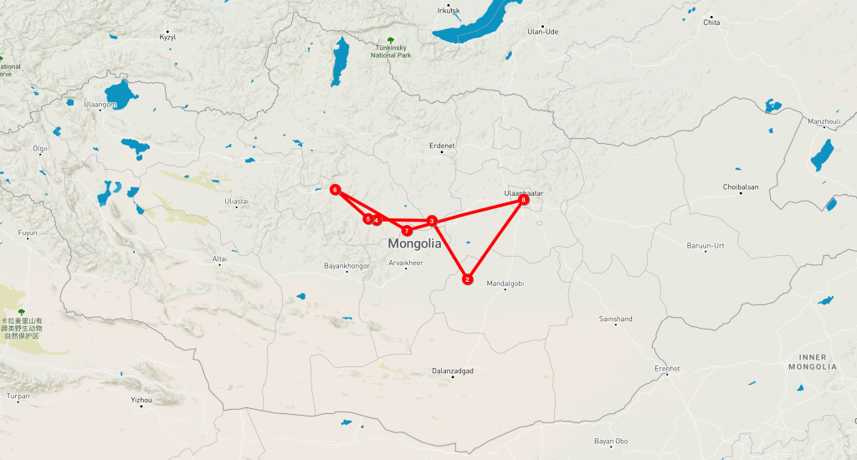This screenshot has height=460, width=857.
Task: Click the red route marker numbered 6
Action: [335, 190]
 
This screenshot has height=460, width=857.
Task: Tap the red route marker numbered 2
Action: [468, 280]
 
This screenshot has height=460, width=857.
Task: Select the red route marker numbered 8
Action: [524, 200]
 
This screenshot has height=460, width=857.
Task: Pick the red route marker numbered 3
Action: [432, 221]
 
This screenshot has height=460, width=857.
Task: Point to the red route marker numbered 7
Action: [407, 230]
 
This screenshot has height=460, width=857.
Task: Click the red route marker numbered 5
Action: [367, 219]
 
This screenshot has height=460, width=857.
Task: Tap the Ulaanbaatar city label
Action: [524, 193]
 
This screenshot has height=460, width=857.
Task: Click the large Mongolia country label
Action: [414, 244]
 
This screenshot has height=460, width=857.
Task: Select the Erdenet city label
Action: [441, 146]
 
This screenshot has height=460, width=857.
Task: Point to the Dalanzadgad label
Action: [453, 370]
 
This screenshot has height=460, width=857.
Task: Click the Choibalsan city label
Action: [741, 187]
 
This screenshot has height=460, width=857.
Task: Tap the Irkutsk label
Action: [449, 11]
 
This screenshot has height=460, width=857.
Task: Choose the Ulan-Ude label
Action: [542, 32]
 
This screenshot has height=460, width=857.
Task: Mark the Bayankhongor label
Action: [346, 266]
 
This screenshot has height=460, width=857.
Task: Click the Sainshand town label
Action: [616, 319]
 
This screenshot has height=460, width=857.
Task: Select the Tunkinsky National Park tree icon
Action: [391, 40]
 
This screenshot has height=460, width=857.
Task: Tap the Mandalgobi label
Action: [505, 284]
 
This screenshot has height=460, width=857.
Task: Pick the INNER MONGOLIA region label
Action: [812, 361]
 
